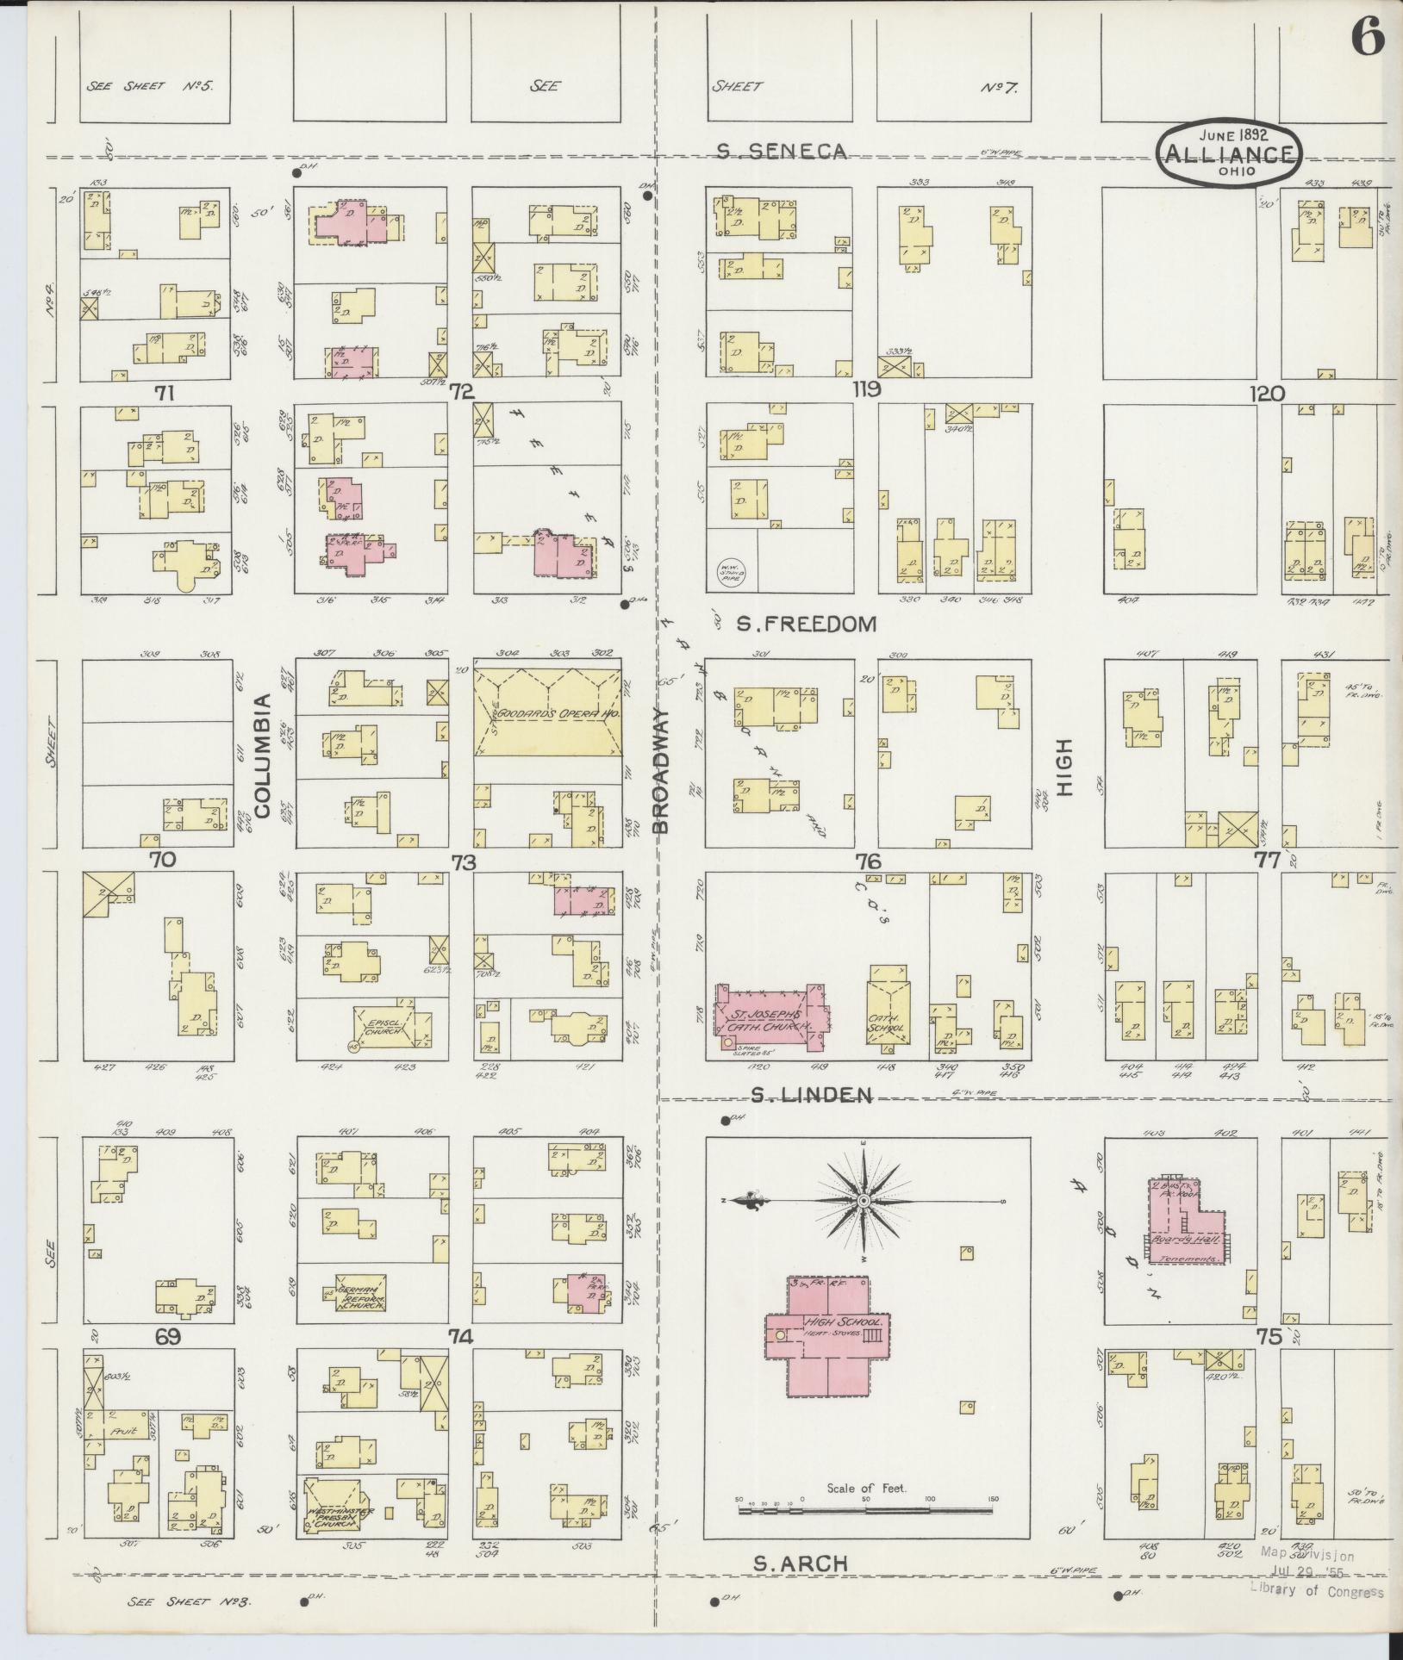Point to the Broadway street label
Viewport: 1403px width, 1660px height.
click(x=661, y=770)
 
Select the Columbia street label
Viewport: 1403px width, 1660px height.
click(x=263, y=755)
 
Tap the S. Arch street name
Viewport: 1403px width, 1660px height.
click(x=801, y=1564)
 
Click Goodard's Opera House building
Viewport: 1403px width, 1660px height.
click(x=547, y=714)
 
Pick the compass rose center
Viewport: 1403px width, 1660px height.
click(x=863, y=1201)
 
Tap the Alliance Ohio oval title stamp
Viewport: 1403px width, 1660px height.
click(x=1230, y=152)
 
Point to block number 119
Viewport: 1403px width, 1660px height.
click(x=866, y=390)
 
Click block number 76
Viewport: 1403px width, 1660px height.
click(x=868, y=861)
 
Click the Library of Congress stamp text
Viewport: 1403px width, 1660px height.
click(x=1317, y=1591)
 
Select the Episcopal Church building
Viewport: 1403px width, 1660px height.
click(x=391, y=1027)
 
